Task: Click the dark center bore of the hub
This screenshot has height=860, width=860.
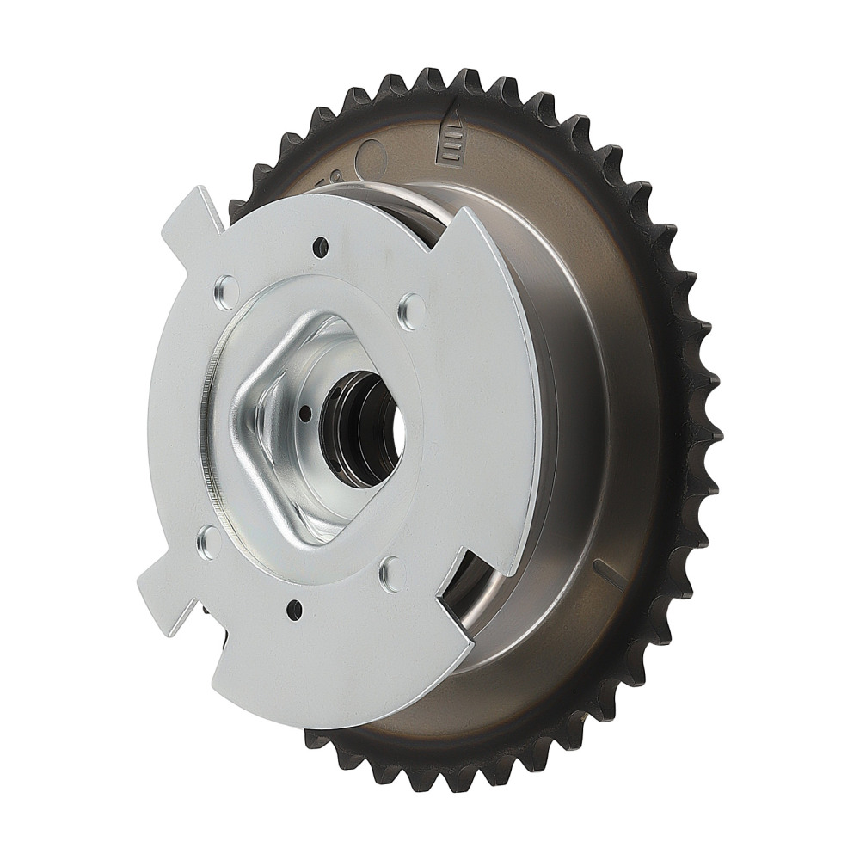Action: (365, 427)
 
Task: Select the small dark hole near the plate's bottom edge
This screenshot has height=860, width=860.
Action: (295, 609)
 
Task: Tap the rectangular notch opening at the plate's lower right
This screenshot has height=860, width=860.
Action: (469, 585)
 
